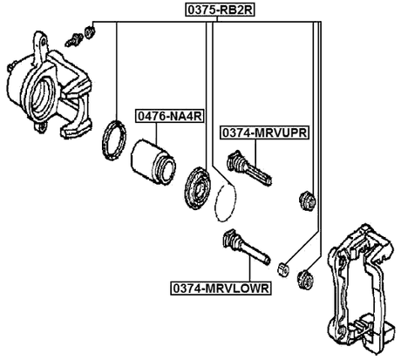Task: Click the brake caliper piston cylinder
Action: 154,160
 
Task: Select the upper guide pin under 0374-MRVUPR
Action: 248,168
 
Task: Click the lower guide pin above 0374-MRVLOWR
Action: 248,248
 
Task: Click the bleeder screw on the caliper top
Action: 75,37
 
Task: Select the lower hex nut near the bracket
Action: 305,280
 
